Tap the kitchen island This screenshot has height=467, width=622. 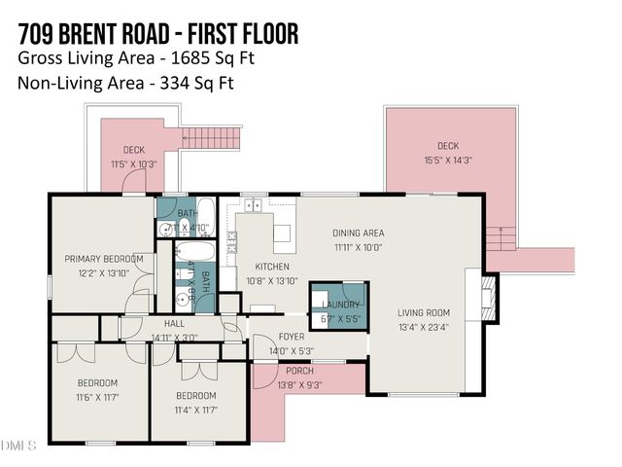pos(282,233)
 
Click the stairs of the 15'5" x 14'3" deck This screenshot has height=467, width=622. pos(501,237)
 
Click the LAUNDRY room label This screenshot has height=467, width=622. pos(338,305)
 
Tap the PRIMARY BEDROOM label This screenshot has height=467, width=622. pos(104,259)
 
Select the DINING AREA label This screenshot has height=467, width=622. pos(359,233)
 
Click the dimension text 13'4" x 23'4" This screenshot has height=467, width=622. pos(423,328)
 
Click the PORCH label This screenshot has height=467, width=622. pos(298,372)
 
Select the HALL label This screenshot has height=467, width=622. pos(174,324)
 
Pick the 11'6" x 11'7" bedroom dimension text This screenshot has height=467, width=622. pos(97,397)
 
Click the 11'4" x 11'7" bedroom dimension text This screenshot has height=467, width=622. pos(195,410)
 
